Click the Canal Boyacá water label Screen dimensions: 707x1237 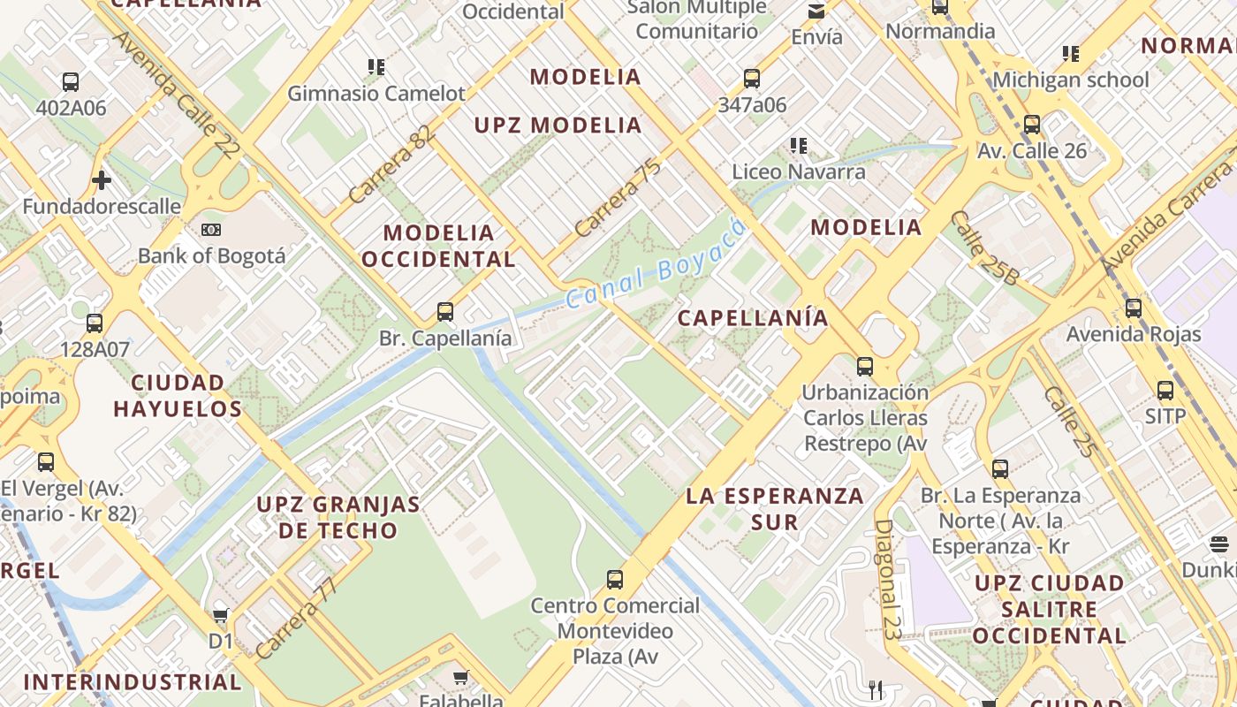(x=655, y=262)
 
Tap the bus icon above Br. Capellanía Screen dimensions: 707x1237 (x=445, y=312)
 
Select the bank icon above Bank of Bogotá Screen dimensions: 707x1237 (x=211, y=230)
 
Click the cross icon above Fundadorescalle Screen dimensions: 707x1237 (x=102, y=180)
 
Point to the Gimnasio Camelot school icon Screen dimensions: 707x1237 (x=376, y=66)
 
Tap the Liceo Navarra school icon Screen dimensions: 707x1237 (x=799, y=145)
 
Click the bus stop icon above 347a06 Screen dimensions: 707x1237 (x=752, y=79)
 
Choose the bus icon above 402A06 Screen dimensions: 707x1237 (x=71, y=82)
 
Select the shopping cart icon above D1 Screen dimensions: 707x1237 (x=221, y=615)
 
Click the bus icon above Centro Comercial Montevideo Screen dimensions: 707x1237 (x=615, y=580)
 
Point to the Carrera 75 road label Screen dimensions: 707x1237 (x=618, y=196)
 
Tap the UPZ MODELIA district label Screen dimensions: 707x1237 (x=558, y=125)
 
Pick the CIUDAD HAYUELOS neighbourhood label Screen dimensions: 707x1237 (x=178, y=396)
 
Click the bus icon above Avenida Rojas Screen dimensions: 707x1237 (x=1134, y=308)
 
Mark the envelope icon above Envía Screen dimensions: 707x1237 (x=816, y=11)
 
